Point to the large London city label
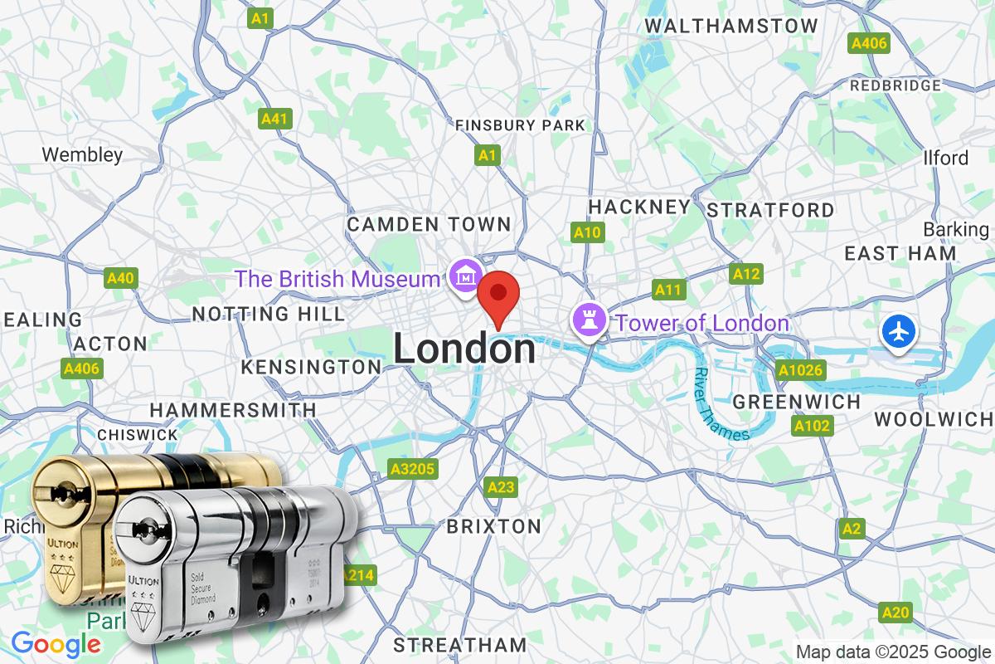[x=464, y=349]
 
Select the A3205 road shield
[x=412, y=470]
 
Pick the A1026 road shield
[x=800, y=370]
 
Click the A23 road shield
[x=501, y=486]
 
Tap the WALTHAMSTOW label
[x=730, y=27]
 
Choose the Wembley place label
[x=82, y=154]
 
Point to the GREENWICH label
[x=797, y=402]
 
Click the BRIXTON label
[x=493, y=526]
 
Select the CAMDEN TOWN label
[x=429, y=224]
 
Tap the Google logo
[x=56, y=643]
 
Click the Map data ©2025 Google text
[x=893, y=652]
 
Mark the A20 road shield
[x=895, y=613]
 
